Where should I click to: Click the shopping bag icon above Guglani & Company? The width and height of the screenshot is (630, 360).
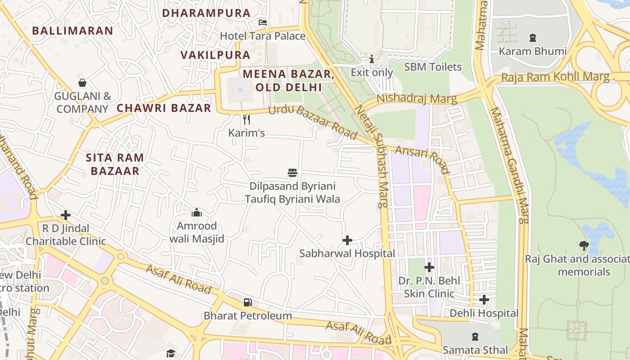point(82,83)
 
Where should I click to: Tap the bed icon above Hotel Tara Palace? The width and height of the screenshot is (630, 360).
point(263,22)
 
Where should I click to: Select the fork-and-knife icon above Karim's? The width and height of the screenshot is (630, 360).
point(246,119)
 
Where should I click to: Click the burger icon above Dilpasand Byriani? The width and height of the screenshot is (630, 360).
point(292,173)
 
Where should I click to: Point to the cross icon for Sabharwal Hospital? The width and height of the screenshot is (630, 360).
point(347,240)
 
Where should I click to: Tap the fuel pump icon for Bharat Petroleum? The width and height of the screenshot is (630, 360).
point(247,302)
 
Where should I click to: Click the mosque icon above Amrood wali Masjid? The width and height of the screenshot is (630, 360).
point(197,212)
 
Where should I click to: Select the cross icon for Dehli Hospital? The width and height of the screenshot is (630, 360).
point(484,300)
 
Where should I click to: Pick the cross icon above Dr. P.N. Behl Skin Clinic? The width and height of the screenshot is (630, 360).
point(429,268)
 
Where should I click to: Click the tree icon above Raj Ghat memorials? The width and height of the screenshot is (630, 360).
point(584,246)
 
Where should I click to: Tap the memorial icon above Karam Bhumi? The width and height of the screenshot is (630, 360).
point(533,38)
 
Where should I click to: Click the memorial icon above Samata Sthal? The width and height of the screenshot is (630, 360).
point(475,337)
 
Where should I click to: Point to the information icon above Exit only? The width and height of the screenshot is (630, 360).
point(372,59)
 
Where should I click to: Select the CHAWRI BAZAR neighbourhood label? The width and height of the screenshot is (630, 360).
point(164,108)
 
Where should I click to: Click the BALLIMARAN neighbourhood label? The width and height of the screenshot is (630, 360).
point(72,31)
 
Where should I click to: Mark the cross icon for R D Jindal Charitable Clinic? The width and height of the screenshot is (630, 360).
point(66,215)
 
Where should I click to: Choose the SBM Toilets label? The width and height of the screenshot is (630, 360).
point(433,67)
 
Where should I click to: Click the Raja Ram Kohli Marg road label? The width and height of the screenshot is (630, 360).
point(555,77)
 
